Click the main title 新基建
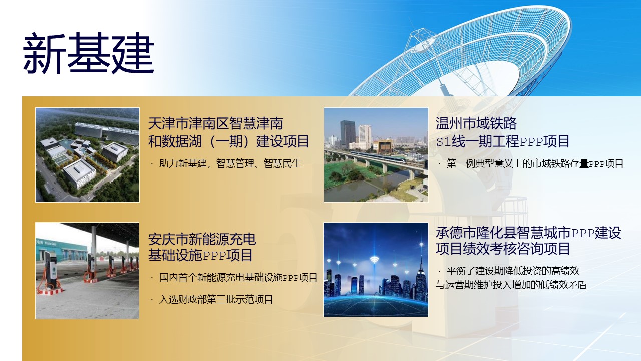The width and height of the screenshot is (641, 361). (x=89, y=53)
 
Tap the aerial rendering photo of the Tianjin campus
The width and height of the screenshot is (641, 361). (x=87, y=155)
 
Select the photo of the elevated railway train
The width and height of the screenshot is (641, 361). (x=376, y=155)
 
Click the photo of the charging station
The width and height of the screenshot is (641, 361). (x=87, y=271)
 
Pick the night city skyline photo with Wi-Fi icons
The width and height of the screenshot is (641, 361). (x=376, y=270)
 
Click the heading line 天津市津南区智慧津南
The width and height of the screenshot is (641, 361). (x=216, y=123)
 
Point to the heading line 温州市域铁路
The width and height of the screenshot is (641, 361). (x=476, y=123)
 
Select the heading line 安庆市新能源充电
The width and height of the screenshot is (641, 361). (x=202, y=239)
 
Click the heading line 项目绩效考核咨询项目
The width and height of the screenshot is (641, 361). (x=503, y=248)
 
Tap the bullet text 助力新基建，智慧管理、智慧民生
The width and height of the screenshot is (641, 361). (x=230, y=163)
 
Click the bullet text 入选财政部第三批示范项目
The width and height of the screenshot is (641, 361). (x=216, y=300)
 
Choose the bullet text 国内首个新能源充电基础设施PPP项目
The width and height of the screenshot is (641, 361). (x=238, y=277)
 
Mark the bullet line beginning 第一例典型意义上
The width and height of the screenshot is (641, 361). (x=535, y=163)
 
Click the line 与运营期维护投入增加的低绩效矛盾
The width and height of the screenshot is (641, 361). (x=511, y=285)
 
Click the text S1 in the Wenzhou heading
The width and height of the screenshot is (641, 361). (x=444, y=142)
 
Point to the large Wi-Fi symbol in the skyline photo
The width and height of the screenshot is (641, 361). (x=374, y=260)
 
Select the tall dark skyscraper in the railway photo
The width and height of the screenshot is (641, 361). (x=348, y=135)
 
